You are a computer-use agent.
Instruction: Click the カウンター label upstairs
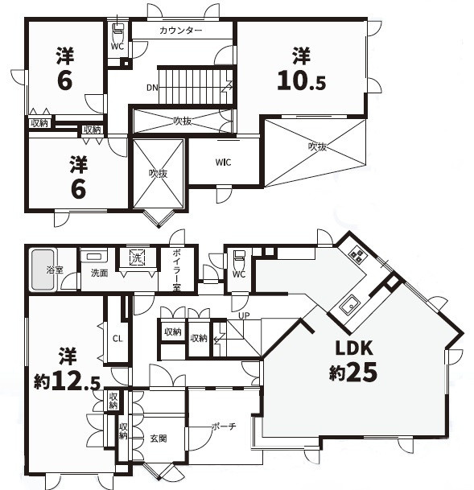(x=180, y=31)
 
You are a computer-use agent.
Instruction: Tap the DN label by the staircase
(x=152, y=88)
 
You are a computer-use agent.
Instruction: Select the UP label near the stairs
(x=244, y=315)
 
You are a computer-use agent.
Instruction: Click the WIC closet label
(x=223, y=163)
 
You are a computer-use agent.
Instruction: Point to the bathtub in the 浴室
(x=43, y=270)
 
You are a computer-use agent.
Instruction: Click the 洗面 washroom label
(x=99, y=273)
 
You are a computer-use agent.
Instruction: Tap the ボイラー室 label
(x=176, y=270)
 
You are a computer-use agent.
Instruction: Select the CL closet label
(x=117, y=339)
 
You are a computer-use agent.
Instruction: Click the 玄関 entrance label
(x=159, y=439)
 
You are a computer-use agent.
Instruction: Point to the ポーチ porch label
(x=224, y=426)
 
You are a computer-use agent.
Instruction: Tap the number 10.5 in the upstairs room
(x=302, y=80)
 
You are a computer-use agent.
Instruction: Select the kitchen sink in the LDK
(x=348, y=305)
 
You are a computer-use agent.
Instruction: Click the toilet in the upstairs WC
(x=117, y=28)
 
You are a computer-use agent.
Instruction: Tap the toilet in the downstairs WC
(x=239, y=255)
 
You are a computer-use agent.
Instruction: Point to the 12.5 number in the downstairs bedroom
(x=76, y=382)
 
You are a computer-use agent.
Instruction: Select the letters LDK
(x=354, y=348)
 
